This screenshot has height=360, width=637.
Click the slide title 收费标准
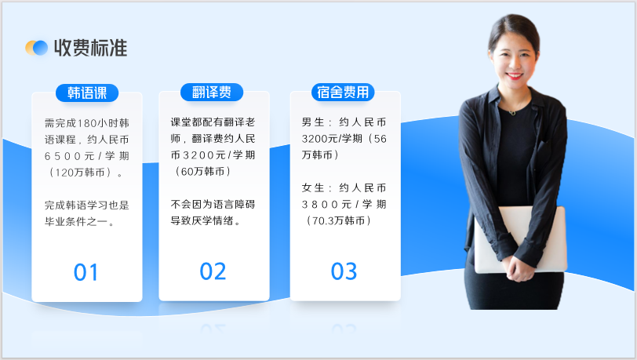point(90,48)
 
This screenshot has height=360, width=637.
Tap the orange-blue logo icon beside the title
point(36,48)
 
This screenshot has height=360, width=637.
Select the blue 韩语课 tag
point(86,93)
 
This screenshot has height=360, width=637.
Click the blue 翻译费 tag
point(212,93)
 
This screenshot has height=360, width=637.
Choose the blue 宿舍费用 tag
point(344,93)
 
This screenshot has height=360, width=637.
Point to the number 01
point(86,272)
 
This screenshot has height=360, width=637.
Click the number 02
point(213,271)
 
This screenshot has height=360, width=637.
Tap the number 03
point(344,271)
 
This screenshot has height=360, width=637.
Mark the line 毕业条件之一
point(81,221)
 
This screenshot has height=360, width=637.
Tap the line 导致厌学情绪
point(206,221)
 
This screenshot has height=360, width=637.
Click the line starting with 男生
point(344,122)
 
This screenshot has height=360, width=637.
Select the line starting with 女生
point(344,188)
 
